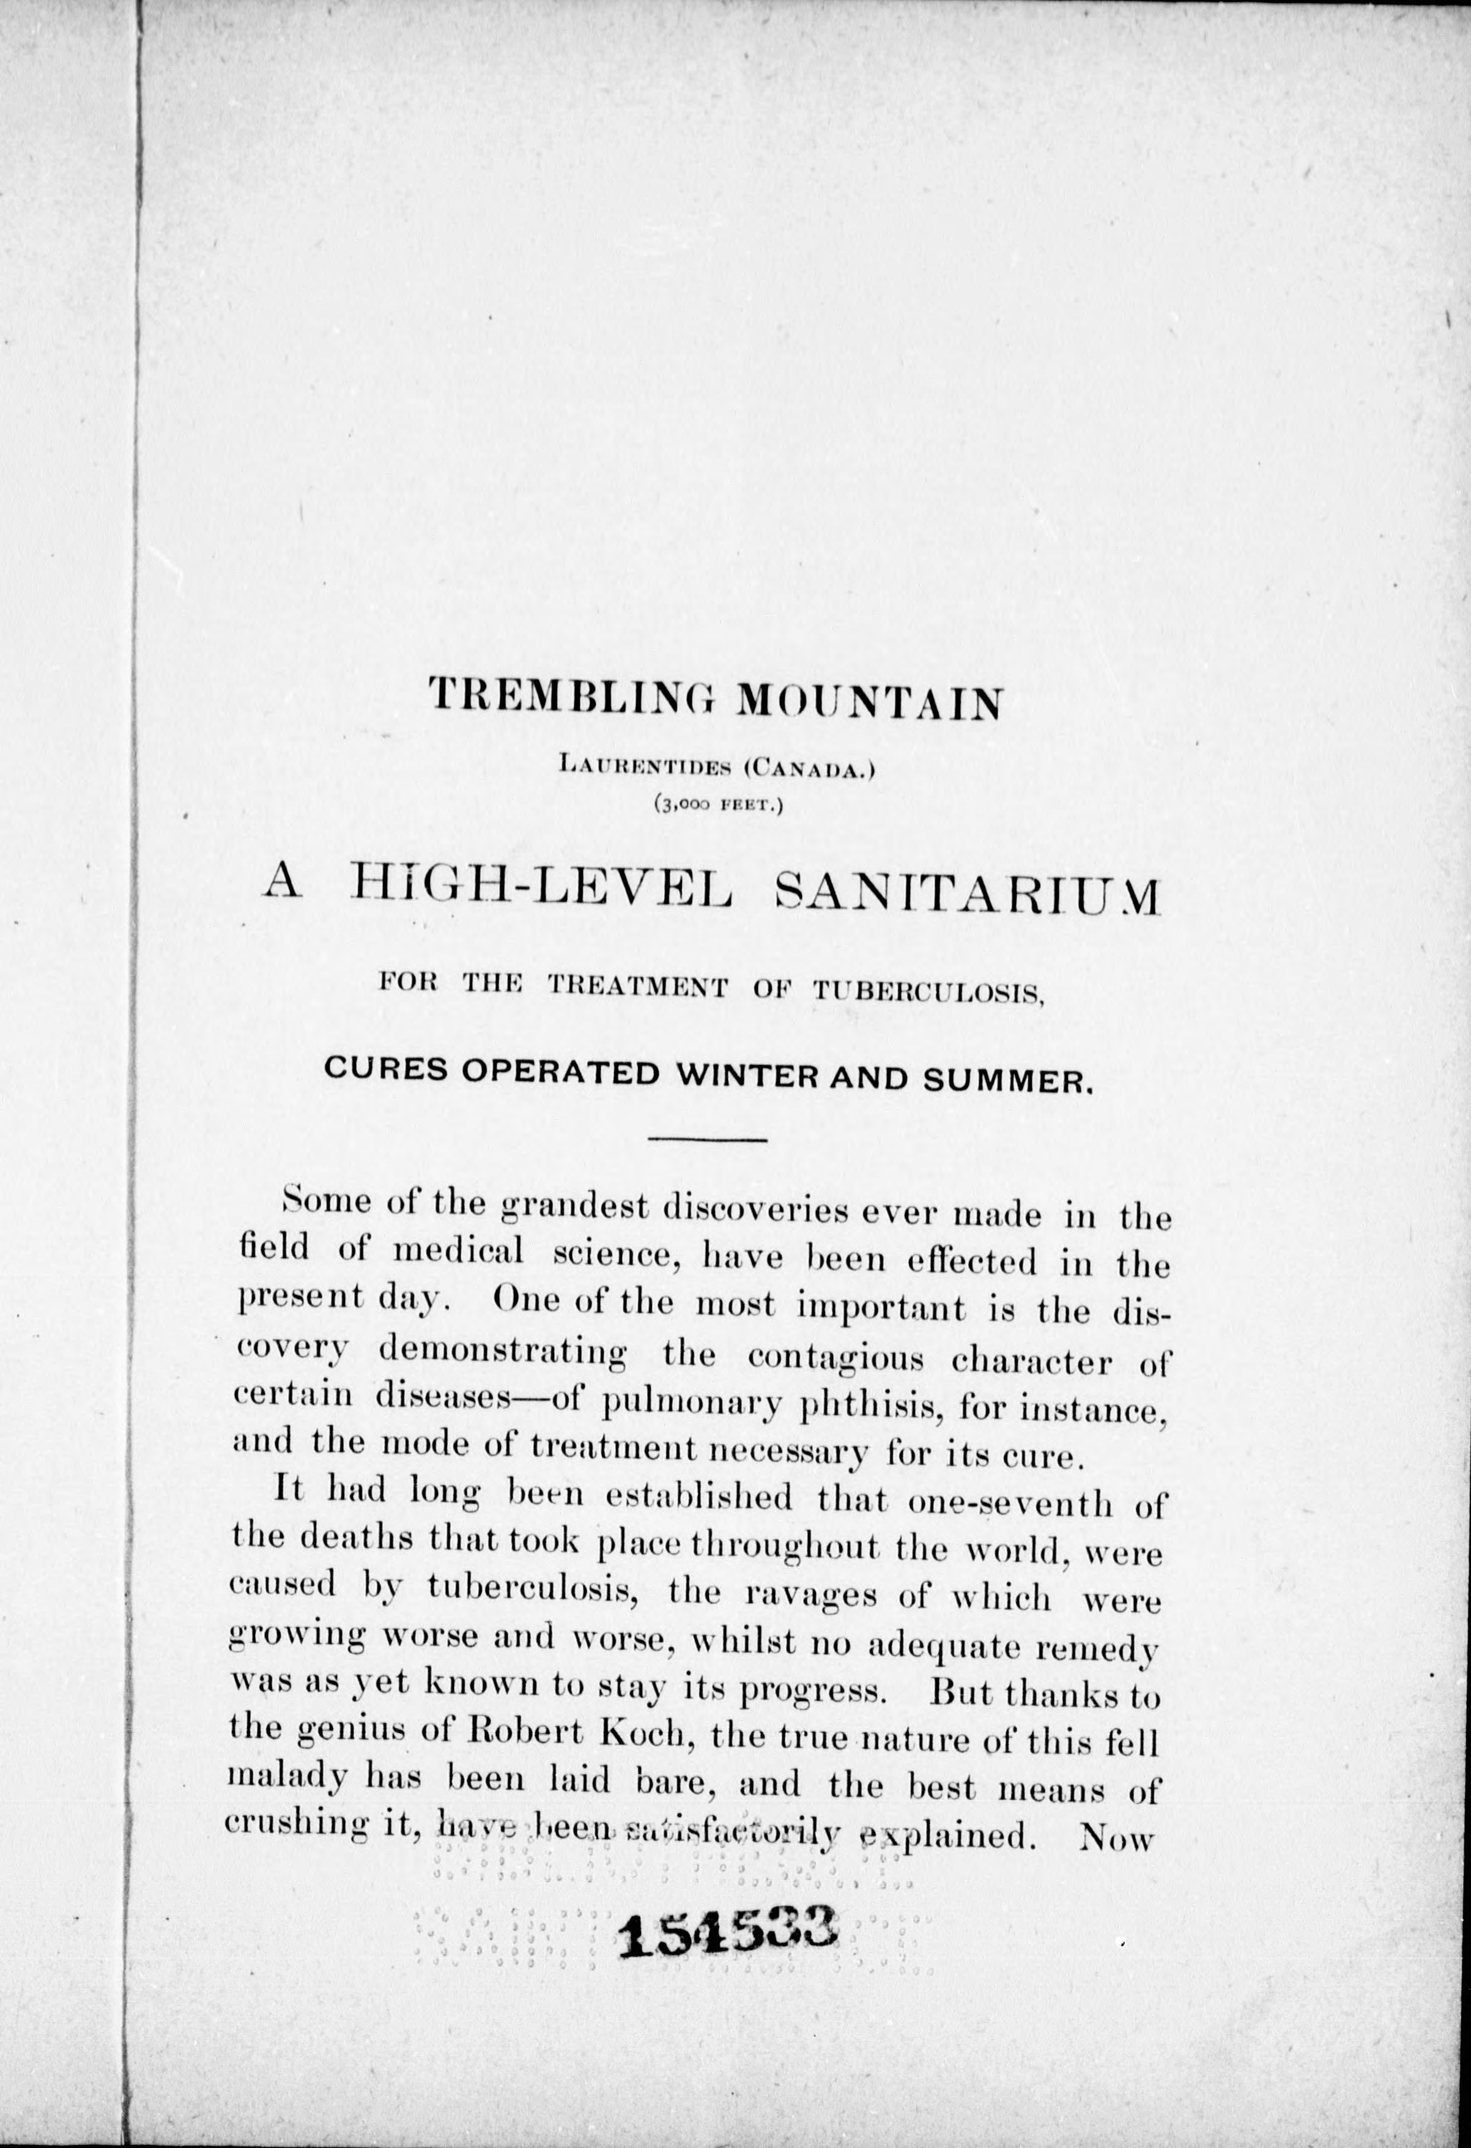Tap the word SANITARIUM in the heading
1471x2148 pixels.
[x=966, y=894]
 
